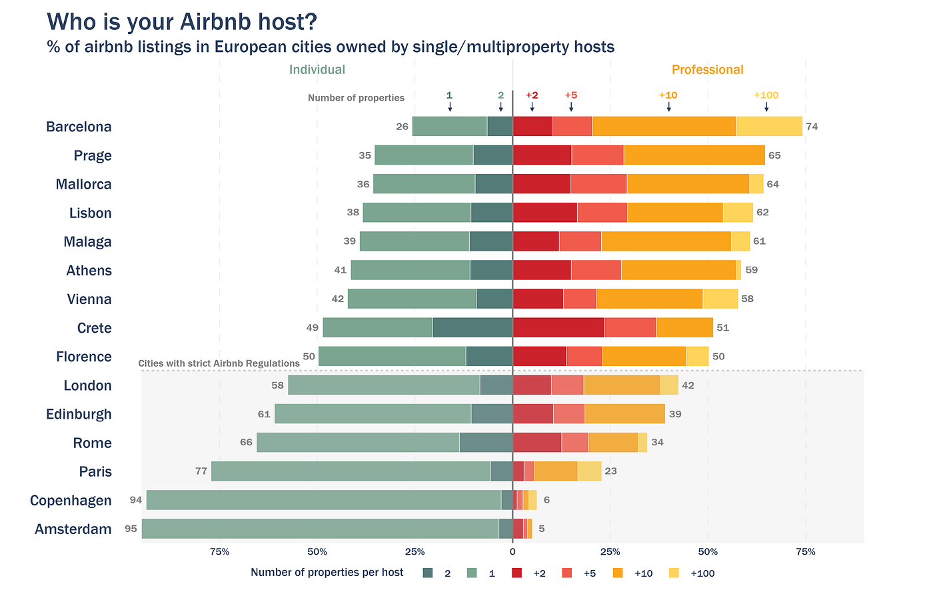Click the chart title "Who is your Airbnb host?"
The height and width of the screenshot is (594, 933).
coord(181,22)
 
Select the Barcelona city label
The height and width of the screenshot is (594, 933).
coord(79,127)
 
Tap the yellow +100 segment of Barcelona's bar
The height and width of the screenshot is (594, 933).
coord(769,126)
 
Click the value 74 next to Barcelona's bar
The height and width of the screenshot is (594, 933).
coord(812,127)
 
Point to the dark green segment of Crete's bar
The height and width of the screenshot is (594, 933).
coord(472,327)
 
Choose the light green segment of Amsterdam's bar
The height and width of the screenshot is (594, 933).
coord(320,529)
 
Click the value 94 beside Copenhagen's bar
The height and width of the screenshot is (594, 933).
coord(136,500)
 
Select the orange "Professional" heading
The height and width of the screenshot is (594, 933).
coord(707,70)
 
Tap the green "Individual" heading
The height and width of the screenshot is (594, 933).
coord(317,70)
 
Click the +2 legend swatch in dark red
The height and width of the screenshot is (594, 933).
coord(516,573)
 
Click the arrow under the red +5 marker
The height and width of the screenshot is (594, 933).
coord(571,107)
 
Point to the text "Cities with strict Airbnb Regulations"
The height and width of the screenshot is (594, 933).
coord(219,363)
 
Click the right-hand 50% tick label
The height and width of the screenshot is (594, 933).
coord(708,552)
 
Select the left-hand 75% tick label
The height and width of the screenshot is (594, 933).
coord(219,552)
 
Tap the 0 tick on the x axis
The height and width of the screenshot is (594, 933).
coord(512,552)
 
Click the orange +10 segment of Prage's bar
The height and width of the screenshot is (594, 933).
coord(694,155)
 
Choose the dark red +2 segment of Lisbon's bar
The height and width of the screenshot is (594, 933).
coord(544,213)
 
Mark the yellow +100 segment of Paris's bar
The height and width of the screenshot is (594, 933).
coord(589,471)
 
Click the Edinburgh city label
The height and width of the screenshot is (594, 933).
coord(79,414)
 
